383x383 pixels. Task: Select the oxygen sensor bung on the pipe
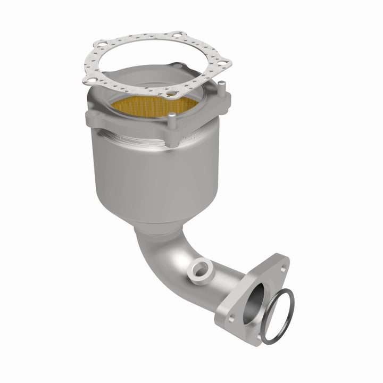point(201,268)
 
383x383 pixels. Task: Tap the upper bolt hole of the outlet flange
point(281,264)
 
